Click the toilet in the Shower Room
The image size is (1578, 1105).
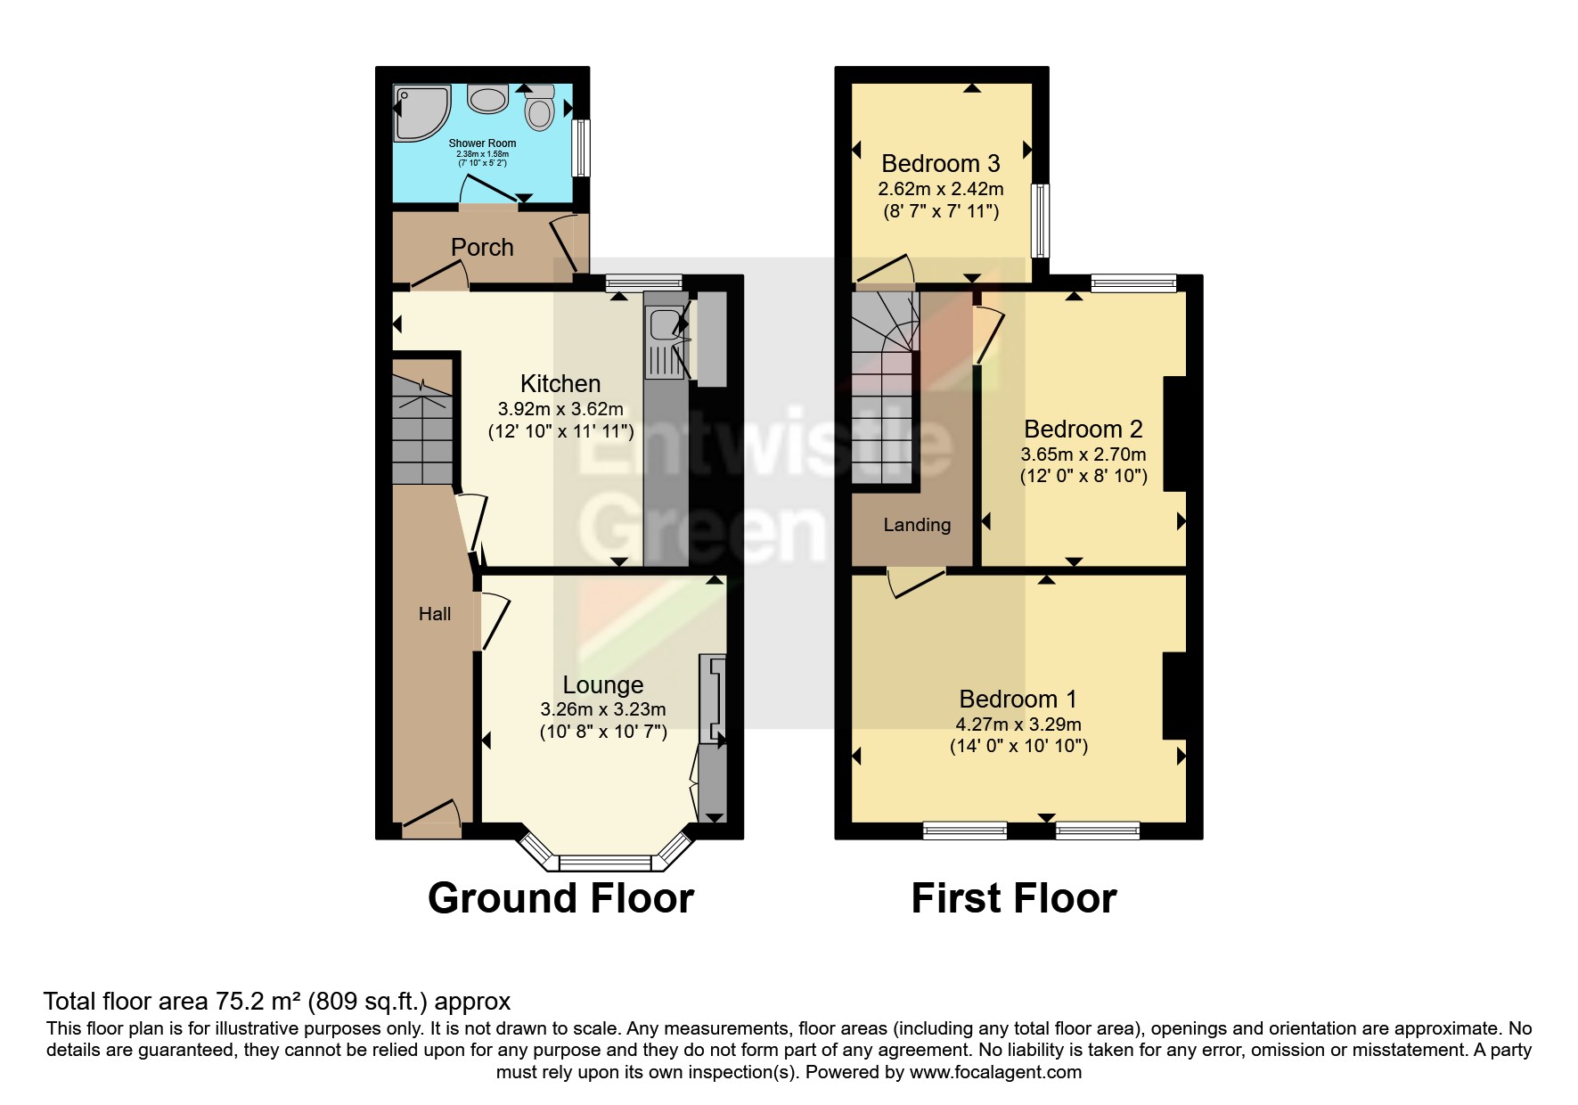pos(539,110)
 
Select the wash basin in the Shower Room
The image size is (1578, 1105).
pos(488,98)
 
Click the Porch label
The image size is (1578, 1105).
pos(482,247)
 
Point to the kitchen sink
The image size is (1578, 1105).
pos(664,324)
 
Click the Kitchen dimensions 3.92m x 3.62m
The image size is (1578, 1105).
pos(560,410)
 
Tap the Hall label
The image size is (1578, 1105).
pos(435,614)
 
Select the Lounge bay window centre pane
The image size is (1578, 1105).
pos(605,863)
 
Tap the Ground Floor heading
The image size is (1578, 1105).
pos(560,898)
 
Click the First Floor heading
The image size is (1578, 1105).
pos(1013,898)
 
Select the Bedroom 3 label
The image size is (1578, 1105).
pos(940,164)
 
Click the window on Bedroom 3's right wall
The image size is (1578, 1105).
pos(1040,220)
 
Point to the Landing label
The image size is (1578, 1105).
pos(917,525)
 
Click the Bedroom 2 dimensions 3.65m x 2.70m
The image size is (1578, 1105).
pos(1083,454)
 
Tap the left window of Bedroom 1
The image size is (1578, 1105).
pos(965,831)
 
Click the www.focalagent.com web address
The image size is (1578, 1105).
pos(995,1072)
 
